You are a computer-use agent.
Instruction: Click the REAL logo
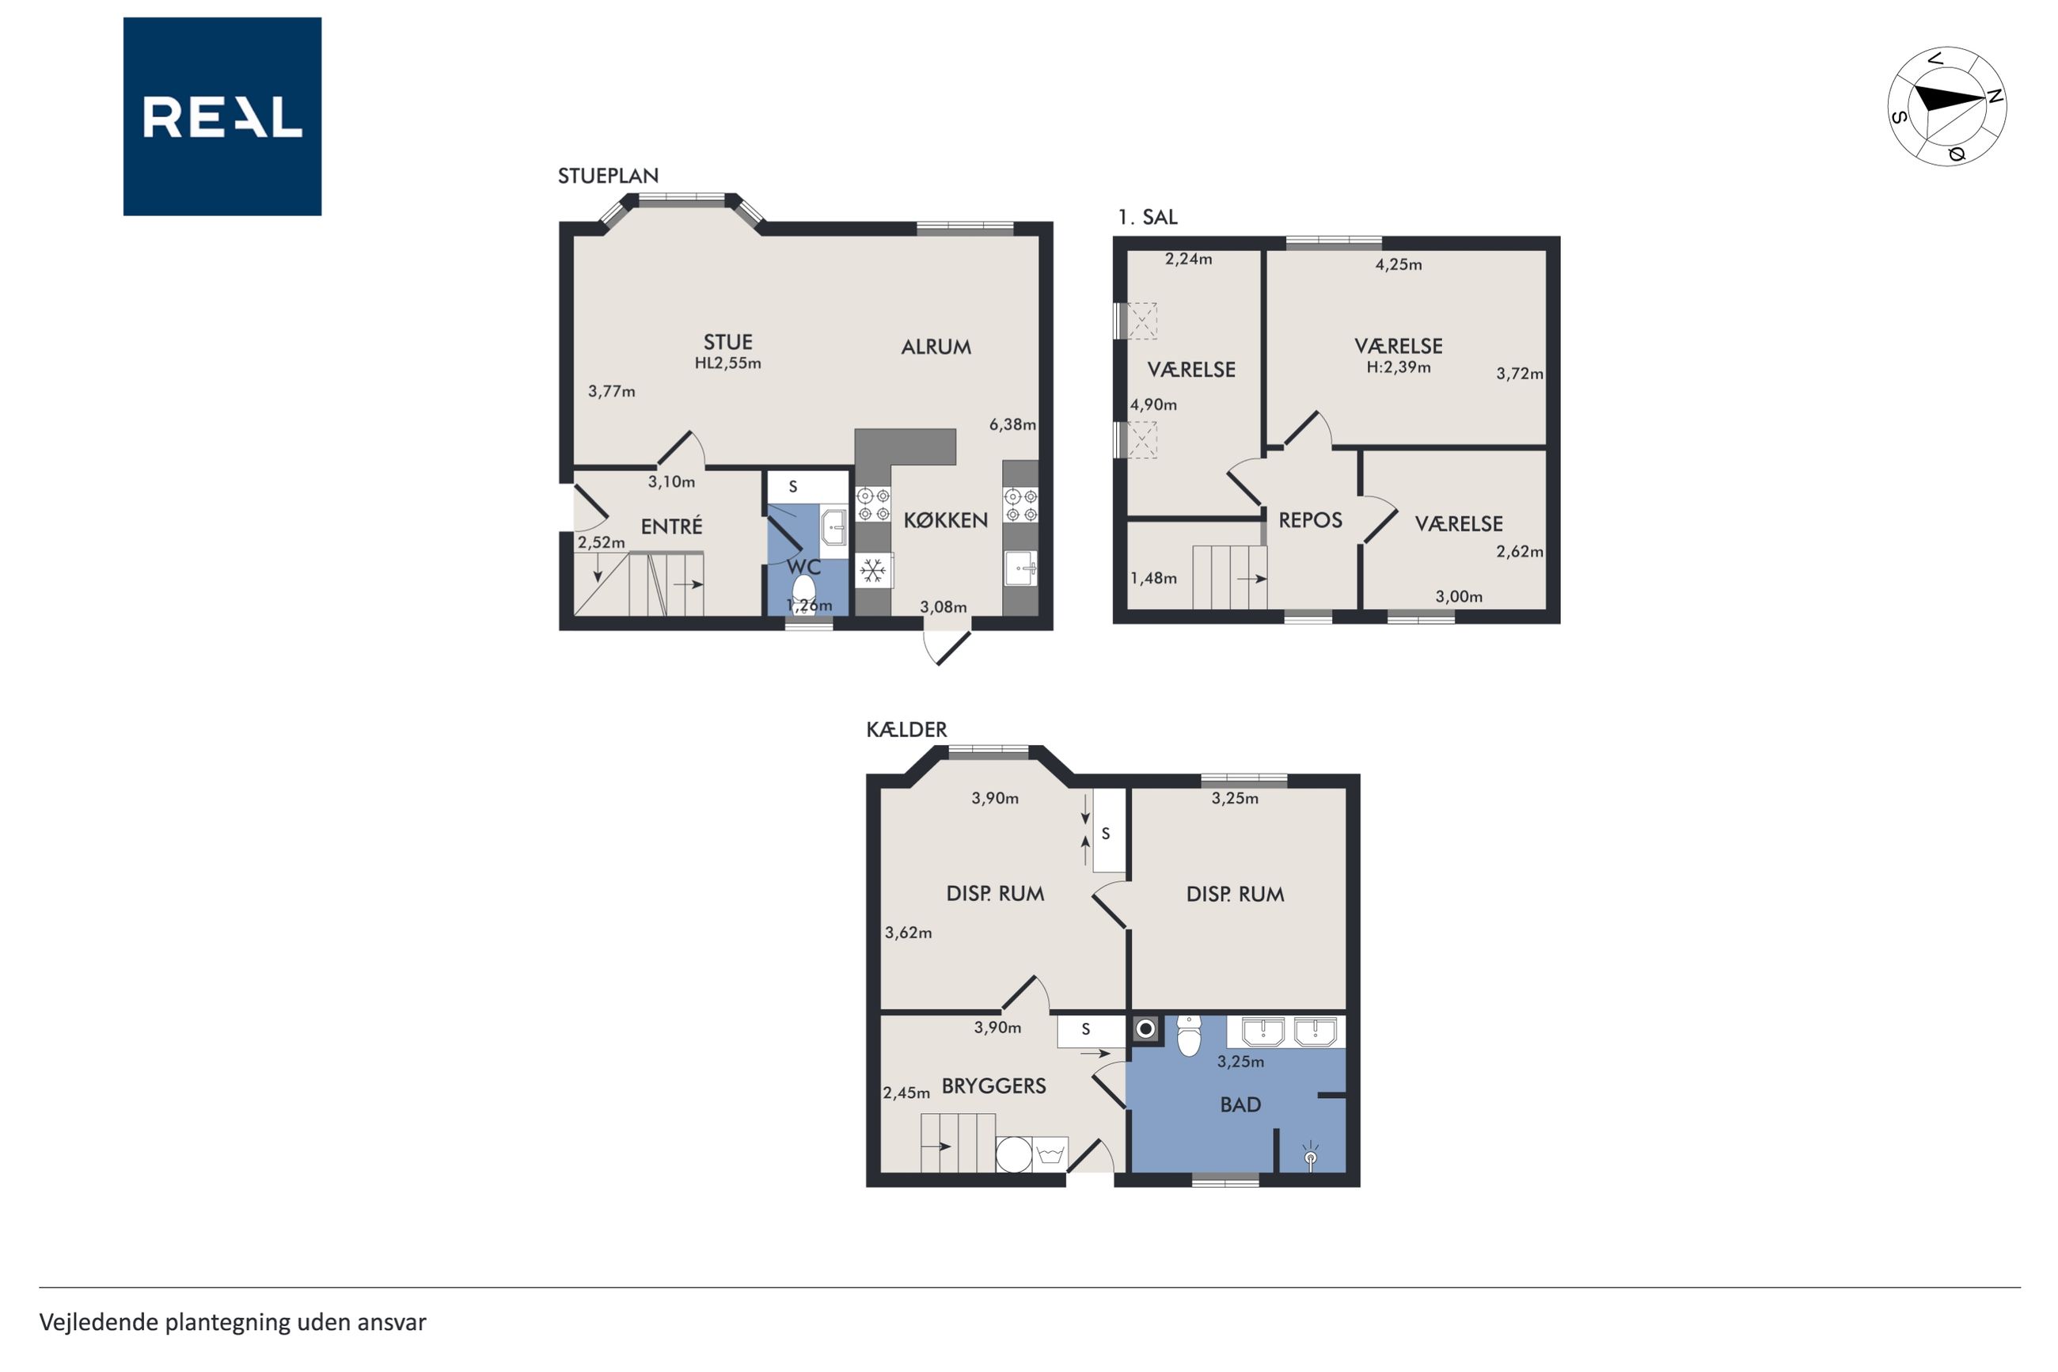tap(222, 116)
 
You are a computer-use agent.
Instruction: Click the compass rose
tap(1946, 107)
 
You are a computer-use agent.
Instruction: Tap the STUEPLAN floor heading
tap(608, 176)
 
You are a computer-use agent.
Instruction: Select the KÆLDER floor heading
tap(906, 729)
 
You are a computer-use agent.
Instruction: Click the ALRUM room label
tap(936, 348)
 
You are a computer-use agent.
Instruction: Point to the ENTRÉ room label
tap(671, 526)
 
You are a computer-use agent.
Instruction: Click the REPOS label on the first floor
tap(1310, 521)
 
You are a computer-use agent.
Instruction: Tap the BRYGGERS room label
tap(993, 1086)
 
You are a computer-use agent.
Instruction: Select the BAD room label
tap(1240, 1105)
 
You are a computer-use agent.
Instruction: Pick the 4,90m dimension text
tap(1153, 405)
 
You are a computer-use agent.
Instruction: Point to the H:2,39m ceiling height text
tap(1399, 367)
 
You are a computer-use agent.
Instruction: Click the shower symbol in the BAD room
tap(1310, 1155)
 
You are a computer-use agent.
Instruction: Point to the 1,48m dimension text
tap(1153, 579)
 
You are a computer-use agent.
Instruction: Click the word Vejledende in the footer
tap(99, 1322)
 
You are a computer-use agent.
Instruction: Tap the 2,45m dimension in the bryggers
tap(906, 1093)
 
